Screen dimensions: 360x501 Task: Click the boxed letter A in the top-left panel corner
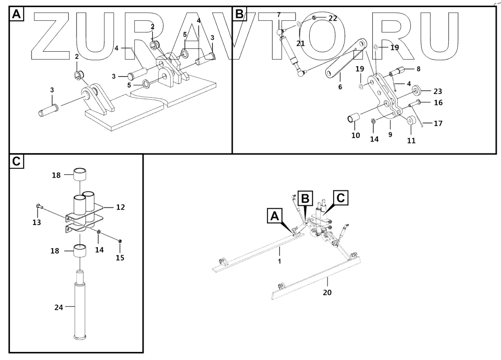(x=16, y=15)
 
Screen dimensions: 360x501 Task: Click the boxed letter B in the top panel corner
(x=239, y=15)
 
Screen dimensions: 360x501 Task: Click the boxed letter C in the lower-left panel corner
(x=16, y=162)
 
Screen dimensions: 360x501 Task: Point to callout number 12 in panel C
(x=120, y=207)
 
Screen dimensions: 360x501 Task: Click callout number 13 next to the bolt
(x=37, y=222)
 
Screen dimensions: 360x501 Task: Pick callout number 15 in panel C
(x=120, y=258)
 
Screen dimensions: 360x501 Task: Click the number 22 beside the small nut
(x=333, y=18)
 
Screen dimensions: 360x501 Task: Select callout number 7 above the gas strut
(x=279, y=15)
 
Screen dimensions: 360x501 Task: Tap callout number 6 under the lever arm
(x=340, y=87)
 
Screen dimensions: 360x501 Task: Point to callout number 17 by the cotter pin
(x=438, y=124)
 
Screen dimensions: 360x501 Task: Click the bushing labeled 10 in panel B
(x=353, y=118)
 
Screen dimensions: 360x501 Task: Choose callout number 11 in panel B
(x=411, y=140)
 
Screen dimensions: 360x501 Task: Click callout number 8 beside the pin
(x=418, y=69)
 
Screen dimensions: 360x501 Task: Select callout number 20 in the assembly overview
(x=328, y=292)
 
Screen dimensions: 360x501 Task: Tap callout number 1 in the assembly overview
(x=279, y=261)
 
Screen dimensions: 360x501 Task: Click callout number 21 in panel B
(x=301, y=43)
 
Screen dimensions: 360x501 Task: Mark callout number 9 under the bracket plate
(x=390, y=134)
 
